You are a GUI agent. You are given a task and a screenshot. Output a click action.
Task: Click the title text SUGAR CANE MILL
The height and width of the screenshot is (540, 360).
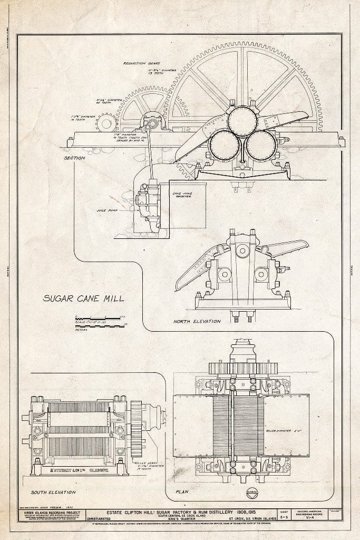83,298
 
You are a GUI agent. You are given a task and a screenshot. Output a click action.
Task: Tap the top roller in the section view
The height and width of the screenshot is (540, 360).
242,121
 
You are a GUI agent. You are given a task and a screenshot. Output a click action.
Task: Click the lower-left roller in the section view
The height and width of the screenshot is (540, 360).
224,145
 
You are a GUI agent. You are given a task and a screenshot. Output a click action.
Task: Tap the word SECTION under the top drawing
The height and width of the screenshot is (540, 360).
75,157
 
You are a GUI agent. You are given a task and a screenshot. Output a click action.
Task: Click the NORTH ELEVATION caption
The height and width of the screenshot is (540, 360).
197,321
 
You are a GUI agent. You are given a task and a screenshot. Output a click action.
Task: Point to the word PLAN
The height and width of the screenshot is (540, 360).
183,492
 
